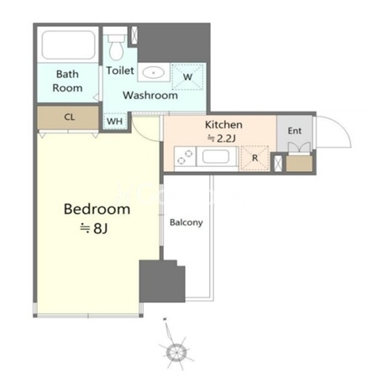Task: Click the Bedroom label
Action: pyautogui.click(x=97, y=209)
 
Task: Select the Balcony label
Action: pyautogui.click(x=186, y=222)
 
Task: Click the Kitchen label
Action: pyautogui.click(x=223, y=124)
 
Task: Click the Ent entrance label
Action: pyautogui.click(x=295, y=131)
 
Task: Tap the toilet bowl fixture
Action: pyautogui.click(x=116, y=47)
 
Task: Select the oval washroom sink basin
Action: pyautogui.click(x=153, y=73)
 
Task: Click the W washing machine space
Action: pyautogui.click(x=187, y=77)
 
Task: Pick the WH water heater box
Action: pyautogui.click(x=115, y=121)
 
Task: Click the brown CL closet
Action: pyautogui.click(x=68, y=117)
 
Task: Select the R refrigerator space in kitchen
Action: pyautogui.click(x=255, y=158)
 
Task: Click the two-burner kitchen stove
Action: pyautogui.click(x=186, y=157)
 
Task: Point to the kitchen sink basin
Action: pyautogui.click(x=216, y=157)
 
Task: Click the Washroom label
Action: pyautogui.click(x=150, y=96)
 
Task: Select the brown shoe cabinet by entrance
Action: pyautogui.click(x=299, y=164)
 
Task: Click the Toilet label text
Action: pyautogui.click(x=120, y=70)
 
